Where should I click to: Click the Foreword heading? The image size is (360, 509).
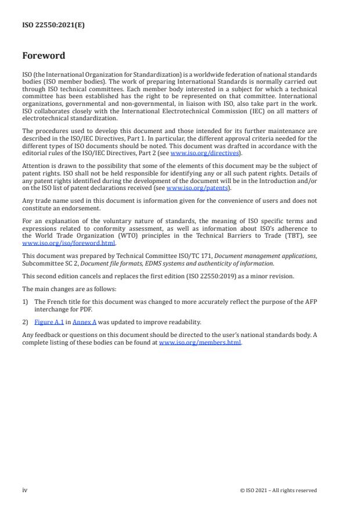[x=44, y=56]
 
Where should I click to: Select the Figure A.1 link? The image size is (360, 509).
[x=49, y=321]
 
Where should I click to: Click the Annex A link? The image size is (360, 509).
[x=84, y=321]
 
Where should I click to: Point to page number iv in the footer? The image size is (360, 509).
[x=24, y=490]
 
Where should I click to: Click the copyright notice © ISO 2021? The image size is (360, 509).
[x=278, y=490]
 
